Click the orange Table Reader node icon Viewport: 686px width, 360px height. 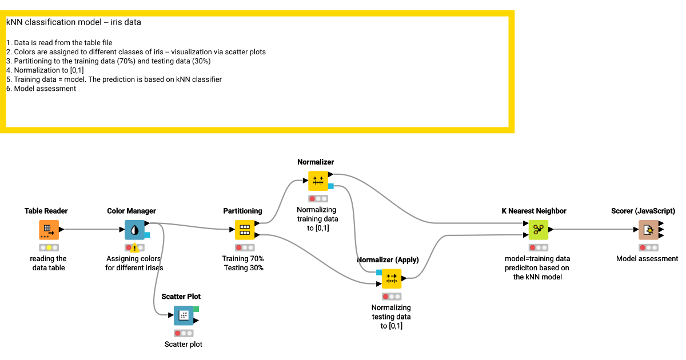click(49, 230)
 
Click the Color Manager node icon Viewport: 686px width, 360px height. click(134, 230)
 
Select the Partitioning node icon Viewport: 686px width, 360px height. click(245, 230)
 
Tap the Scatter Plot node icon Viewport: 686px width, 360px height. click(184, 315)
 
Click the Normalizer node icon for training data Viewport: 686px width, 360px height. click(318, 181)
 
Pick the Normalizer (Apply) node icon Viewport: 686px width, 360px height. click(392, 279)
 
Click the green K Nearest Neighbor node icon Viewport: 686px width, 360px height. click(538, 230)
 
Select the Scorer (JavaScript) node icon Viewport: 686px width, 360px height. click(648, 230)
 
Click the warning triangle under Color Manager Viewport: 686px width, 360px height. click(134, 248)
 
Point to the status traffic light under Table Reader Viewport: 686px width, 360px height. click(49, 247)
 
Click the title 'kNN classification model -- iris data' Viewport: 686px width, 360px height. click(74, 22)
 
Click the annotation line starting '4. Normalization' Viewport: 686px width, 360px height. click(45, 70)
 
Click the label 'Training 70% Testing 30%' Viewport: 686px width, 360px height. click(243, 263)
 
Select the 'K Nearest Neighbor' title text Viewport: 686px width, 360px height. click(533, 211)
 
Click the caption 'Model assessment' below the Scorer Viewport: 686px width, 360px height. click(647, 259)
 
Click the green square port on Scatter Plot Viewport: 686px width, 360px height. click(196, 309)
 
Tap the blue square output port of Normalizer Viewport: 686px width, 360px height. click(330, 186)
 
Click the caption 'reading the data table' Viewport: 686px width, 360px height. click(48, 263)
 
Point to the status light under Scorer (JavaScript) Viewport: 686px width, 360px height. click(648, 247)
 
